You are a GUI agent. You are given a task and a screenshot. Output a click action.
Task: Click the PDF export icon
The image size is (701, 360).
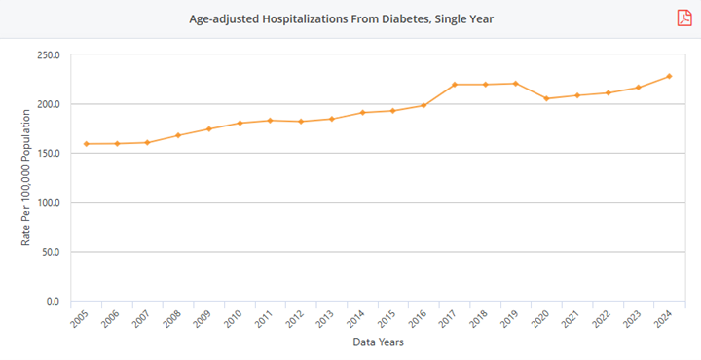point(684,18)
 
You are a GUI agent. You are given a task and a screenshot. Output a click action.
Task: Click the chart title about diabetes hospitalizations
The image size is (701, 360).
point(341,18)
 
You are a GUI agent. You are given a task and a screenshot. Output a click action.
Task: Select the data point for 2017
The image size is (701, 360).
point(455,85)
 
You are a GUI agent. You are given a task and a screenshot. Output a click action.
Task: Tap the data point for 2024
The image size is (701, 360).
point(669,76)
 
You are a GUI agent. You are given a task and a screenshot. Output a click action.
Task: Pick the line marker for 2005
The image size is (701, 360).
point(86,144)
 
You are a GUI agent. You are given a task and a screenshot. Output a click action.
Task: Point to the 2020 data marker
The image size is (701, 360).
point(546,98)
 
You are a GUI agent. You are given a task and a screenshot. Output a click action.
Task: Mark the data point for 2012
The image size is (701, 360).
point(301,122)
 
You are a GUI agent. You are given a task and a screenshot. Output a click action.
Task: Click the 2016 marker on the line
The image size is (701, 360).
point(424,105)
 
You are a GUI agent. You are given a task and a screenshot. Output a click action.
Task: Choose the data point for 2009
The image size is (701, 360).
point(208,128)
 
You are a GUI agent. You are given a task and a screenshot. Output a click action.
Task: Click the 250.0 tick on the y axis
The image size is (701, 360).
point(47,55)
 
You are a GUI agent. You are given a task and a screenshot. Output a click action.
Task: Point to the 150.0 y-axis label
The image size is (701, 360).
point(47,154)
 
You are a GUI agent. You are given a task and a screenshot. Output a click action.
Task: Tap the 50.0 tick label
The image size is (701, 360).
point(50,253)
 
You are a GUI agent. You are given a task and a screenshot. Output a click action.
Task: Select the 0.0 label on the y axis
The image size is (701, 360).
point(53,302)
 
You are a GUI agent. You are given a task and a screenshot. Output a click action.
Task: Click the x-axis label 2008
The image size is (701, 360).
point(172,321)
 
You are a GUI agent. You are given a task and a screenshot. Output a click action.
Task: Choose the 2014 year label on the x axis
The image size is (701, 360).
point(356,321)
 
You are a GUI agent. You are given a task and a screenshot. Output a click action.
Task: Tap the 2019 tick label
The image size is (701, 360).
point(509,321)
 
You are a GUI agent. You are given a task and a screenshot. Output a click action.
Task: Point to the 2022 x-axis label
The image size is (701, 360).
point(602,321)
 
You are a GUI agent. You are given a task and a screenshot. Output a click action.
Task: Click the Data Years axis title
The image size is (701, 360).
point(377,342)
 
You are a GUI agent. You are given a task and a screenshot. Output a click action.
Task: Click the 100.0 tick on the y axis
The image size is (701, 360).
point(47,105)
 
